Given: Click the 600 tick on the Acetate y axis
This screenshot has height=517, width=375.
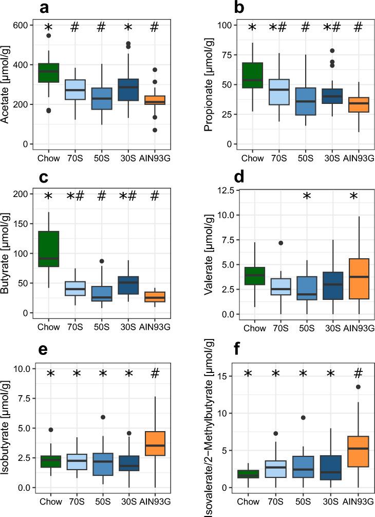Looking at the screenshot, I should click(x=24, y=25).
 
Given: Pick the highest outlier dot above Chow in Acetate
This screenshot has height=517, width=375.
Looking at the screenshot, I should click(x=49, y=35).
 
